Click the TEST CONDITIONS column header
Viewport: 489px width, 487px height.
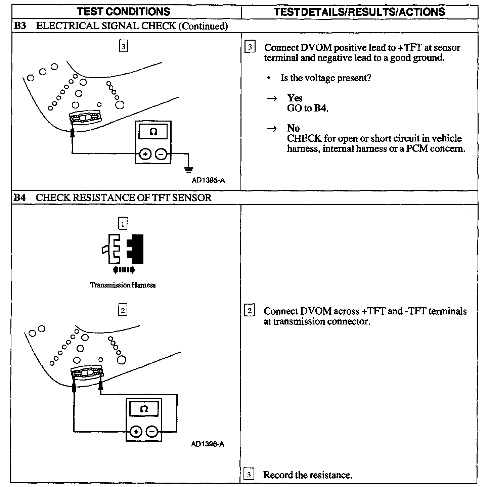tap(124, 12)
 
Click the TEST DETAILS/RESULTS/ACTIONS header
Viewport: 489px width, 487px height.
tap(359, 12)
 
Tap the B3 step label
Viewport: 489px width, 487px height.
tap(20, 26)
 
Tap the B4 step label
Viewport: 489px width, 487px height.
tap(20, 197)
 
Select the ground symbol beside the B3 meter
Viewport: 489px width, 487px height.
tap(189, 169)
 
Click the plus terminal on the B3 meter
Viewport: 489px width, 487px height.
tap(145, 154)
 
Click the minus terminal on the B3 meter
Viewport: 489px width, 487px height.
tap(161, 154)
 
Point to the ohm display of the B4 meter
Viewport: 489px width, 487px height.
tap(144, 409)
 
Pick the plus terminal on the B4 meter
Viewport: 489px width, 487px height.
tap(136, 432)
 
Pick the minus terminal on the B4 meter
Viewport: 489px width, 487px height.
tap(152, 432)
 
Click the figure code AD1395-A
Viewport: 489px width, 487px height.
tap(208, 180)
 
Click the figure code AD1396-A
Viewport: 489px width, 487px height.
tap(208, 444)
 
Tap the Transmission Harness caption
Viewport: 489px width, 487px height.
tap(123, 285)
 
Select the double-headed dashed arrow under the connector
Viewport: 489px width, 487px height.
tap(124, 270)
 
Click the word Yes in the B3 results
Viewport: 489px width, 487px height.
tap(295, 98)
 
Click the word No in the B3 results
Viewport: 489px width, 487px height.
tap(293, 128)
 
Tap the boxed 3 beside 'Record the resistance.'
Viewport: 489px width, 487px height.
tap(249, 475)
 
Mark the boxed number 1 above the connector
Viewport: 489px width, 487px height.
tap(123, 223)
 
